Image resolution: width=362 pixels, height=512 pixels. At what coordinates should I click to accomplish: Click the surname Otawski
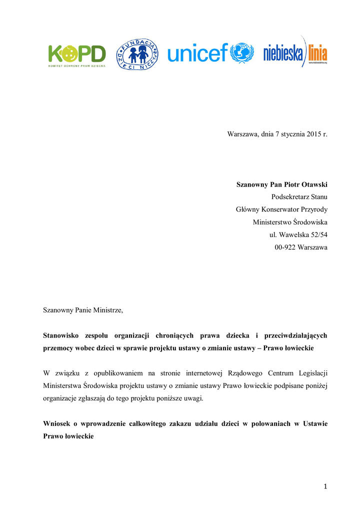pyautogui.click(x=312, y=184)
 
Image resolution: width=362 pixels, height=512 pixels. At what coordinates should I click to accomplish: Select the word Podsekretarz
pyautogui.click(x=290, y=197)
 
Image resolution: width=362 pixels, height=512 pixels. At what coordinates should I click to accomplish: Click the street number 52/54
pyautogui.click(x=316, y=234)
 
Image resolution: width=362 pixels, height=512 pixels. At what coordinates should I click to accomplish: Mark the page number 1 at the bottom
pyautogui.click(x=325, y=486)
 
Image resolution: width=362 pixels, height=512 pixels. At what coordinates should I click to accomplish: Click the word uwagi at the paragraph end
pyautogui.click(x=193, y=398)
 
